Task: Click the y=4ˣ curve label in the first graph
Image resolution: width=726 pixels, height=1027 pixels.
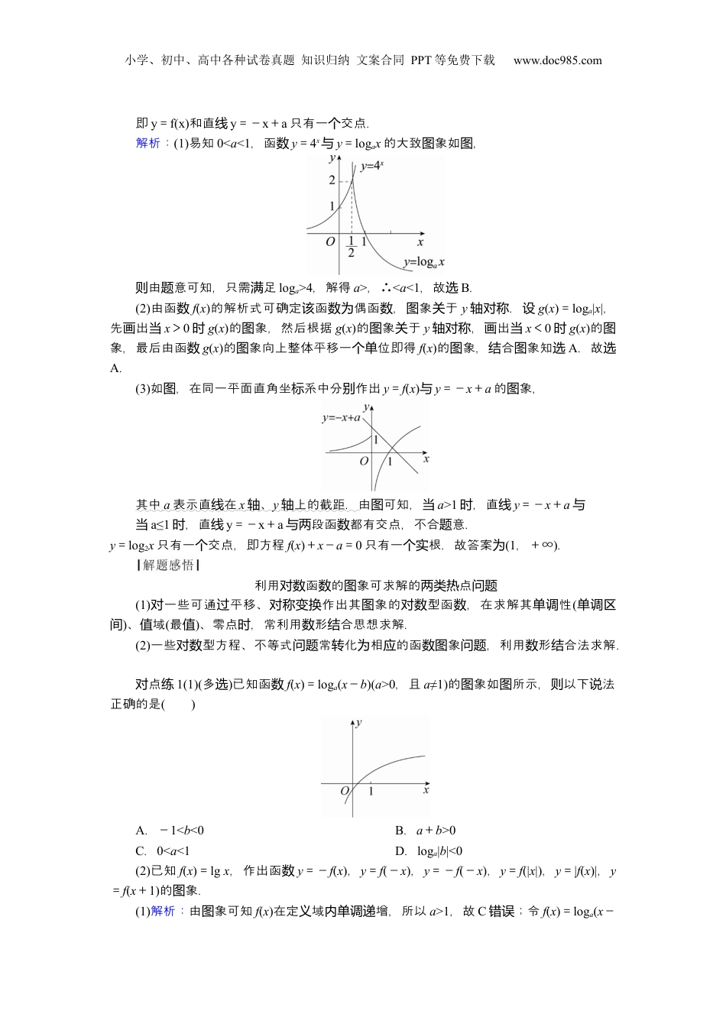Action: tap(372, 165)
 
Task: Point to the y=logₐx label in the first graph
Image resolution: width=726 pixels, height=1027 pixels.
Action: tap(423, 262)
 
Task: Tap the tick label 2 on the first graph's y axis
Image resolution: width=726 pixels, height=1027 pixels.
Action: tap(332, 180)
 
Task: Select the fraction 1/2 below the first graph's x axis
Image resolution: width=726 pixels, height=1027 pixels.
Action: tap(351, 246)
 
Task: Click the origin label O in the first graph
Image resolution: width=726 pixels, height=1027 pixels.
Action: tap(330, 241)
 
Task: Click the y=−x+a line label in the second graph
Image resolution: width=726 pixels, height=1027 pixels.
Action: tap(341, 418)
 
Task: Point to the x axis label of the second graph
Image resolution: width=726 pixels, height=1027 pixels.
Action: tap(426, 458)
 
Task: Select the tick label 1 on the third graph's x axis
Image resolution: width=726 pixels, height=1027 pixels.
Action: tap(371, 792)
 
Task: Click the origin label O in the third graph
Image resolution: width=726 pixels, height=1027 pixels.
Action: tap(345, 790)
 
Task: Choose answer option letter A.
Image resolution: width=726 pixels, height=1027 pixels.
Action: tap(141, 831)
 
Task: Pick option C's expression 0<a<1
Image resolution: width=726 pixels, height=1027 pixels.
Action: tap(173, 851)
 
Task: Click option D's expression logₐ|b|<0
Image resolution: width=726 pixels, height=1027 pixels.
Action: tap(439, 851)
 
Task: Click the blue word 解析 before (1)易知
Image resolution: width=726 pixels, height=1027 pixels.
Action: tap(148, 143)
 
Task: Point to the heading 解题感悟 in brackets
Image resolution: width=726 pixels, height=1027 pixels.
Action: tap(168, 565)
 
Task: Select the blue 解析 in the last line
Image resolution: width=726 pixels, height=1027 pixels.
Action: tap(164, 911)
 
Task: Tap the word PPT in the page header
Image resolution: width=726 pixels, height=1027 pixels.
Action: tap(421, 60)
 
